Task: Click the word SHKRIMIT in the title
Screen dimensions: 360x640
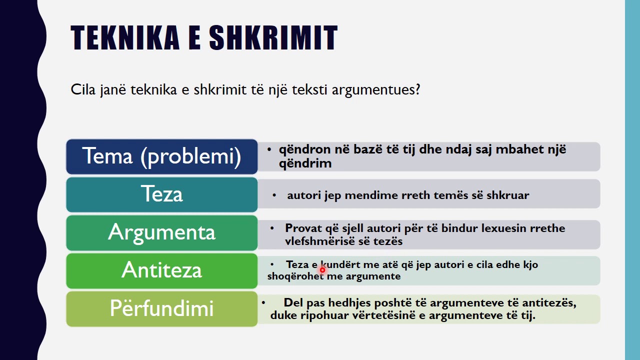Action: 273,38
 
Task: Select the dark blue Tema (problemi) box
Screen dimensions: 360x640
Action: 161,156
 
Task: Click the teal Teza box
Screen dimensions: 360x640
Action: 161,194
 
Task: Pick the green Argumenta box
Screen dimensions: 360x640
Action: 161,232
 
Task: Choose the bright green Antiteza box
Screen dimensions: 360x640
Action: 161,270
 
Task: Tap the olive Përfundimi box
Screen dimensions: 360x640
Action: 161,308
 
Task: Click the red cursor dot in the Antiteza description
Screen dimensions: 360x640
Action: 322,270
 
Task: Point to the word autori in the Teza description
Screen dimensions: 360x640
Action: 303,195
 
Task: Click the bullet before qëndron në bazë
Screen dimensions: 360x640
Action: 269,149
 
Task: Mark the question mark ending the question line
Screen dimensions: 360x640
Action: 417,90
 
